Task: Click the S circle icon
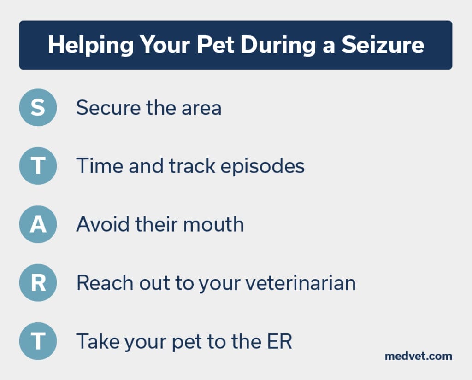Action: [38, 107]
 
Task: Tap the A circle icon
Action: [38, 224]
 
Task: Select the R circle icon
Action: [38, 283]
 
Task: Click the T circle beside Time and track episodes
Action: [38, 166]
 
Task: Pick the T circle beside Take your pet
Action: [38, 341]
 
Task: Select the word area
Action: [201, 108]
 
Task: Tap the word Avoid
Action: [103, 224]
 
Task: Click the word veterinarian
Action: [301, 283]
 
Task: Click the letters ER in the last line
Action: [280, 341]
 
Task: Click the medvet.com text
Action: [419, 356]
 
